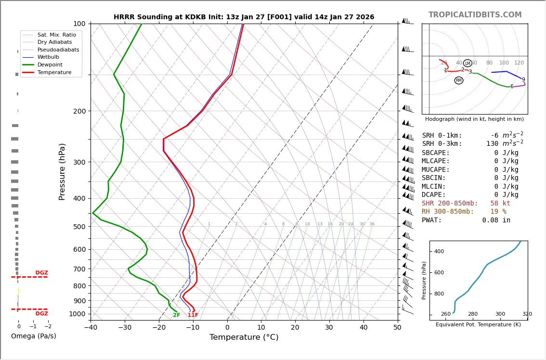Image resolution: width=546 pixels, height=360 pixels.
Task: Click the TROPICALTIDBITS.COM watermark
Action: (475, 15)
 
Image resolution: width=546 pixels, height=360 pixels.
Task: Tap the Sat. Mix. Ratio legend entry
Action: (56, 35)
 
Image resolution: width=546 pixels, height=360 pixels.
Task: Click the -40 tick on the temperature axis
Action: (91, 328)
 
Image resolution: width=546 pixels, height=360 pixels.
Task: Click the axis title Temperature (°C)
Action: (244, 337)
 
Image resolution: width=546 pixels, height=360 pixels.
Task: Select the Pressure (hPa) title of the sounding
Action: (63, 171)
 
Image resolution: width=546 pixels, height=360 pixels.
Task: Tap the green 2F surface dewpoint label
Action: (177, 315)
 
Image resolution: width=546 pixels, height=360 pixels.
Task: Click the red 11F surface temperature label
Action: (193, 315)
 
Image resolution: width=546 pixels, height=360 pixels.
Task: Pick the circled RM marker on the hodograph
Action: (459, 80)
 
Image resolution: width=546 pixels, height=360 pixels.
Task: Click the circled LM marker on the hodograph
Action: (468, 63)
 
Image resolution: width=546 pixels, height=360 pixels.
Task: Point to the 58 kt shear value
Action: (500, 203)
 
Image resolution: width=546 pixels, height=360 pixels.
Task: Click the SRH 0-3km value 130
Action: (492, 143)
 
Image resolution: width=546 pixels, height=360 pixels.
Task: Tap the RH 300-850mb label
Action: (448, 211)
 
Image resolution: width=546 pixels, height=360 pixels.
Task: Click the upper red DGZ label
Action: (42, 273)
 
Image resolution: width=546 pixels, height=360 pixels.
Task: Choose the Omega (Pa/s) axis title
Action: (34, 336)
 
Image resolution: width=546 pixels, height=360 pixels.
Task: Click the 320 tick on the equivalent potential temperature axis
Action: (527, 314)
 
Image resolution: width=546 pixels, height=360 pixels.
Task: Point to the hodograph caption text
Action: (474, 119)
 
